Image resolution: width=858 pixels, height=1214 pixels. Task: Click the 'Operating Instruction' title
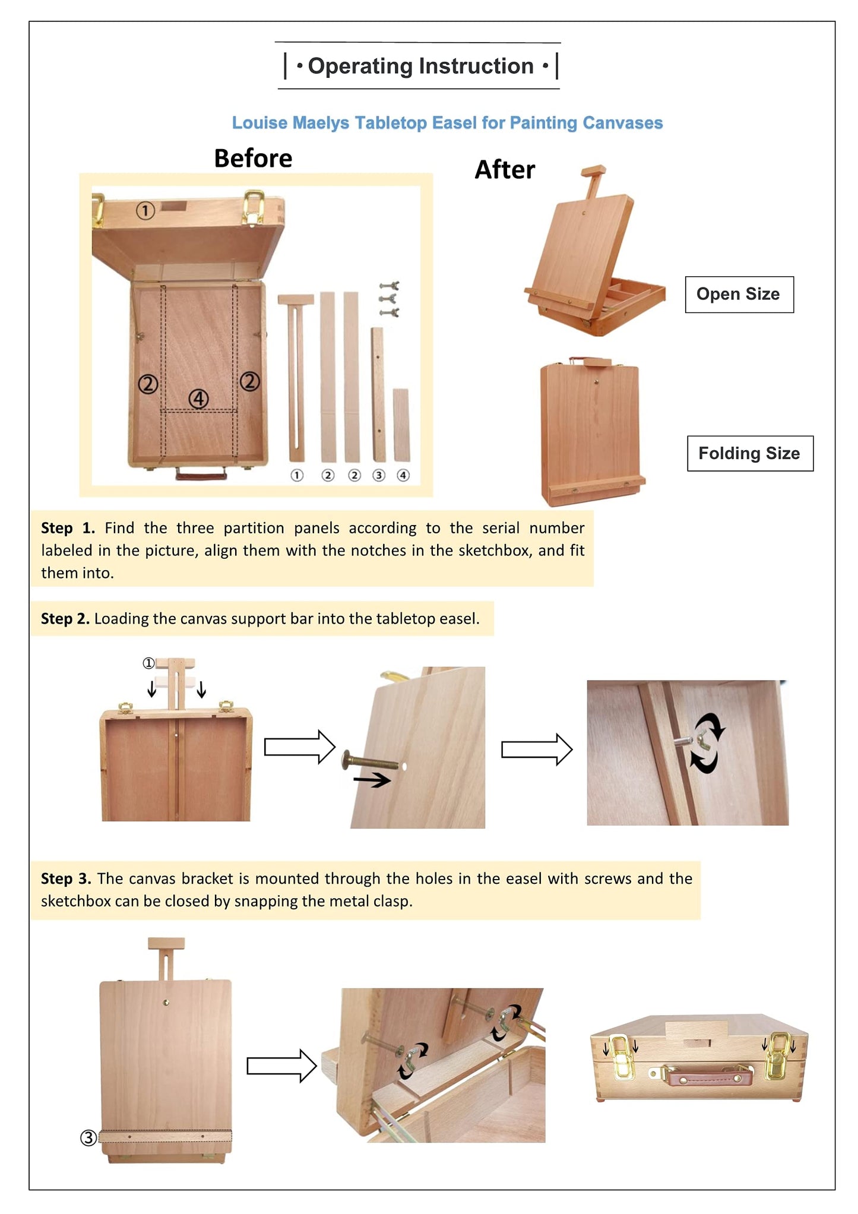(420, 66)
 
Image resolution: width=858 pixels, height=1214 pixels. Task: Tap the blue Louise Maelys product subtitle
(447, 123)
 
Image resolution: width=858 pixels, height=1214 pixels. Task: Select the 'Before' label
(253, 159)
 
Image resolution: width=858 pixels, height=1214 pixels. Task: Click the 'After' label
(505, 170)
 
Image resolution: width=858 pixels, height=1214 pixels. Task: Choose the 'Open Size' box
(739, 294)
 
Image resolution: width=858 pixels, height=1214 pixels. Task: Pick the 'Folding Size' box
(749, 453)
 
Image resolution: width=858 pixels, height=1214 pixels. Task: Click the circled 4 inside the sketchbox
(198, 399)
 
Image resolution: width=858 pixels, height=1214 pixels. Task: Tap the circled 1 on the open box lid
(145, 210)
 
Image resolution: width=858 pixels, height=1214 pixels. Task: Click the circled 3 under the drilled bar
(378, 475)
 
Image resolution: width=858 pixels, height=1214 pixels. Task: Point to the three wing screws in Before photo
(390, 299)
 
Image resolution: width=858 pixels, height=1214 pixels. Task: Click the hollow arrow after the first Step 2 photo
(299, 747)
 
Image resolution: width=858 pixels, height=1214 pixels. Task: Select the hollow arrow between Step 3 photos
(281, 1066)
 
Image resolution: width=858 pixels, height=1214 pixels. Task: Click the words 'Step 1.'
(67, 528)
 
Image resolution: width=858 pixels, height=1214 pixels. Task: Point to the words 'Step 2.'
(65, 619)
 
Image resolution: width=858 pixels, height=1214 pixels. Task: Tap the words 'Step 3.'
(65, 878)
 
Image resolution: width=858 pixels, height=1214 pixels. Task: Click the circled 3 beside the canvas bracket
(88, 1137)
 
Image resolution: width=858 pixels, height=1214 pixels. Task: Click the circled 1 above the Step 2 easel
(148, 663)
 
